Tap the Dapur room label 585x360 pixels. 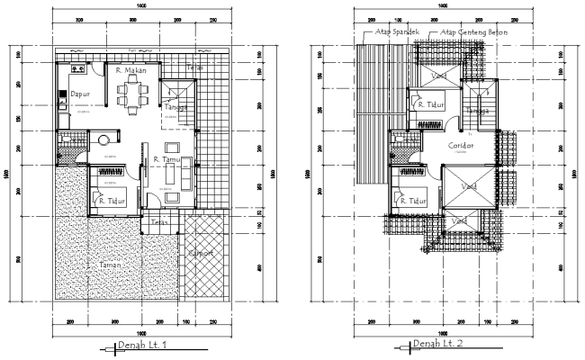tap(81, 93)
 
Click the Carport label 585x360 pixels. tap(200, 253)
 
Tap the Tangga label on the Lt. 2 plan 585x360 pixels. tap(478, 111)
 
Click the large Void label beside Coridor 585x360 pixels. tap(469, 186)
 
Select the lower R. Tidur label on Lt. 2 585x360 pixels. tap(415, 201)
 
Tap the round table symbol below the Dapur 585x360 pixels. tap(103, 140)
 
